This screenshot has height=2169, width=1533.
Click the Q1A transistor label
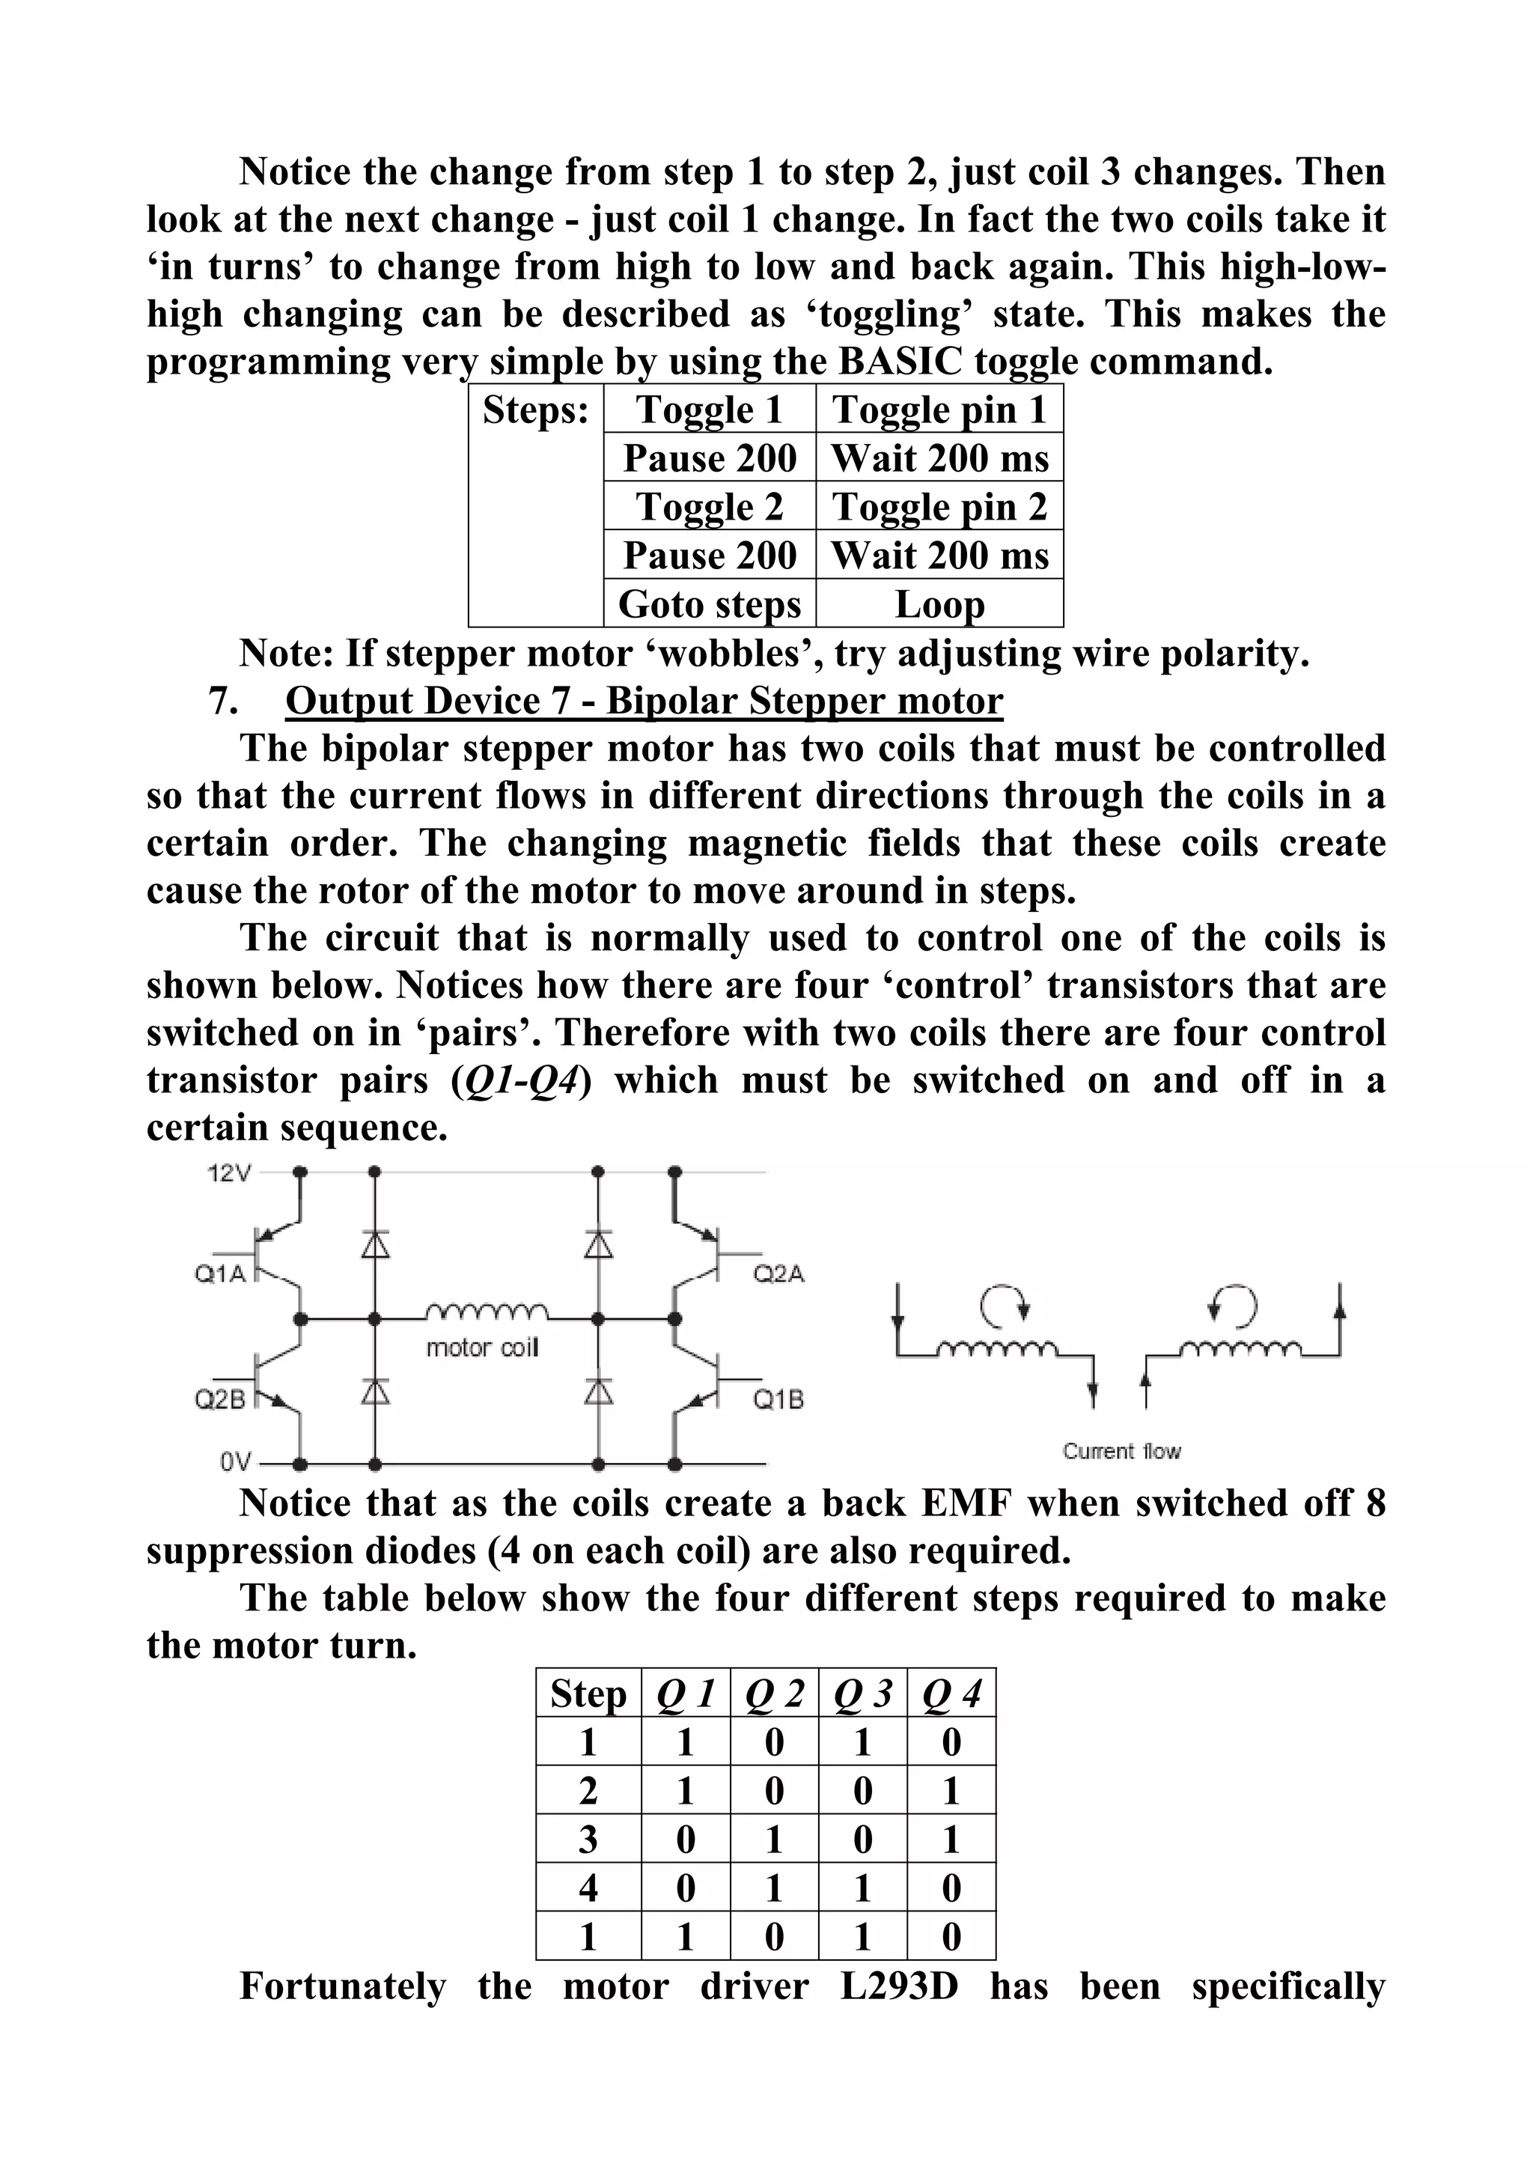(220, 1274)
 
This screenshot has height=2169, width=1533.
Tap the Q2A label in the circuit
(778, 1274)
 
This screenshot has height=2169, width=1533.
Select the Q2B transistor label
(220, 1399)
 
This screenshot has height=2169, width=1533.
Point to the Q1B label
(778, 1399)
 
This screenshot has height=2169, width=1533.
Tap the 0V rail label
(236, 1462)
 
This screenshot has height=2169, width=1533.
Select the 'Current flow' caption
(1121, 1451)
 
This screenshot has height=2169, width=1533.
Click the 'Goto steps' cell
(710, 603)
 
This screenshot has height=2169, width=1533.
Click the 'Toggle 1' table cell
(710, 409)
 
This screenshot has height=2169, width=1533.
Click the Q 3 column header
(862, 1694)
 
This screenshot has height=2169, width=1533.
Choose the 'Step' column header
(588, 1694)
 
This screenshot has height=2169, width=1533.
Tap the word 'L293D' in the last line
(898, 1986)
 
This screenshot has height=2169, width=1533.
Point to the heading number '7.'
(223, 701)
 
